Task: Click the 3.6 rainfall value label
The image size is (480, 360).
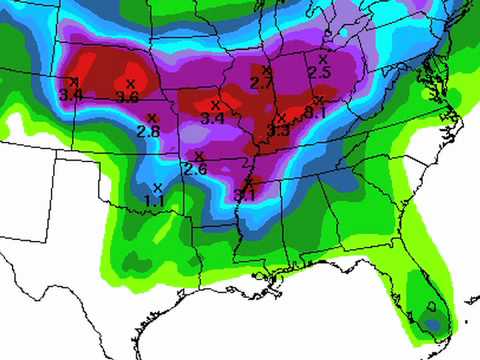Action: [x=127, y=97]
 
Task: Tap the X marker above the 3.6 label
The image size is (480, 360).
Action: [x=131, y=83]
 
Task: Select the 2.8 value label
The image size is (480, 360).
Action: [x=148, y=131]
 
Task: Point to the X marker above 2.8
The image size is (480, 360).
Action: [x=152, y=117]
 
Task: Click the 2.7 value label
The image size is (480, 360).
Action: [x=260, y=83]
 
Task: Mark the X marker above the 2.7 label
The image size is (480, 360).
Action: [x=265, y=69]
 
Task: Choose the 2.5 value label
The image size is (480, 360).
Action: [x=319, y=73]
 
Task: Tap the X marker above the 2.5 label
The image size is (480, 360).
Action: [x=322, y=59]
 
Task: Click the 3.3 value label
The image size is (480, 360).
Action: [x=278, y=130]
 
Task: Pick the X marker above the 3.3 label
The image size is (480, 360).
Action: [x=282, y=117]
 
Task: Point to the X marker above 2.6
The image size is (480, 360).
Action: [x=200, y=155]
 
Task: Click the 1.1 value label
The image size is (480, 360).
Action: [x=155, y=201]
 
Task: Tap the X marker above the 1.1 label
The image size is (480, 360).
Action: [x=158, y=187]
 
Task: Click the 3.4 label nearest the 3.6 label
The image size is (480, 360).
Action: [x=71, y=94]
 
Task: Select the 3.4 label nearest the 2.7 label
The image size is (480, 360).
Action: [x=212, y=118]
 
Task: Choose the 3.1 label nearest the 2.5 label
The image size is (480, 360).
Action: [x=316, y=112]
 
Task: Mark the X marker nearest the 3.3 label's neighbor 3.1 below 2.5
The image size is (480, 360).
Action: [x=319, y=100]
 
